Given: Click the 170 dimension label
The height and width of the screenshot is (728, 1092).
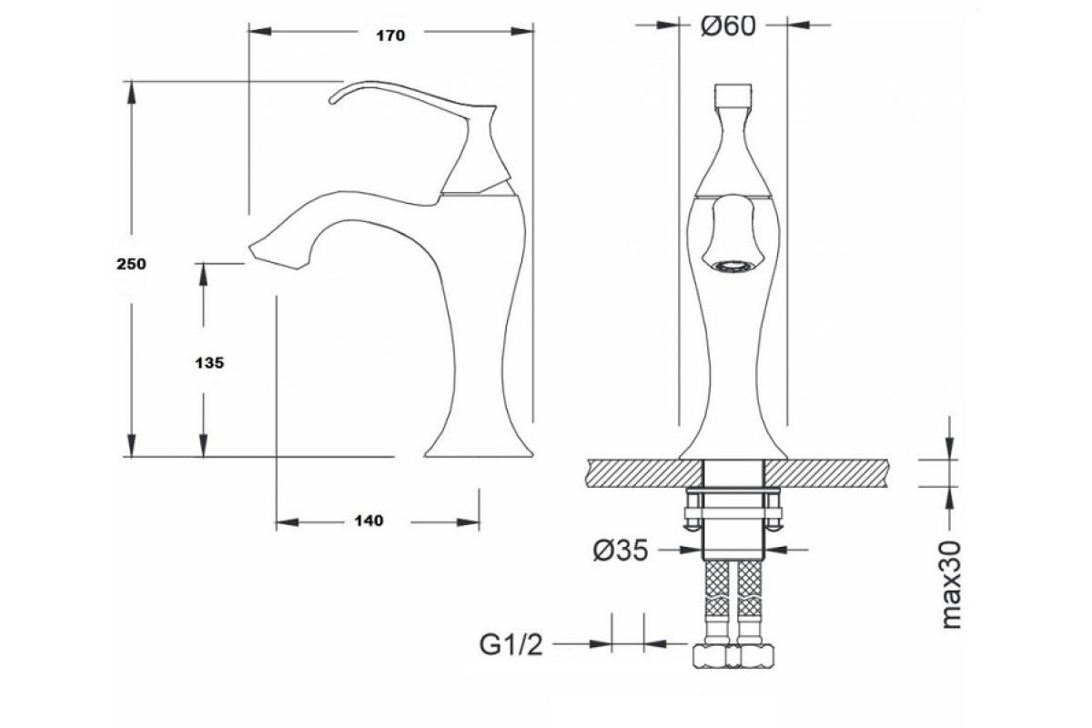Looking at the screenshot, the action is [x=390, y=35].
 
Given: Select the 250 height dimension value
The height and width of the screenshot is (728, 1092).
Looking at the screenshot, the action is [x=131, y=264].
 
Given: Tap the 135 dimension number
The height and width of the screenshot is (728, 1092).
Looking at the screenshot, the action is [x=209, y=363].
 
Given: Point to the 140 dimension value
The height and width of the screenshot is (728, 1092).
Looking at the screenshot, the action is [x=369, y=521].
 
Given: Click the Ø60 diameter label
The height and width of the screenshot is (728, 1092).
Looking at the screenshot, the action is [x=728, y=25].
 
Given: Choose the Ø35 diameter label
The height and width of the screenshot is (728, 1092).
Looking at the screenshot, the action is [x=621, y=551].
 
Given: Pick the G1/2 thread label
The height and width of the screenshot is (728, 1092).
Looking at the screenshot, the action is [x=511, y=645].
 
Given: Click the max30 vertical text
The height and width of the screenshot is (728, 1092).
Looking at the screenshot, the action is [x=952, y=584].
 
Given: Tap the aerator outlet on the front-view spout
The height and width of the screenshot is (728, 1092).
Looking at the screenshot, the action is [x=733, y=266].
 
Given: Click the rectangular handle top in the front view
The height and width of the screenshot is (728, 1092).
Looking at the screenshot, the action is [x=733, y=95].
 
